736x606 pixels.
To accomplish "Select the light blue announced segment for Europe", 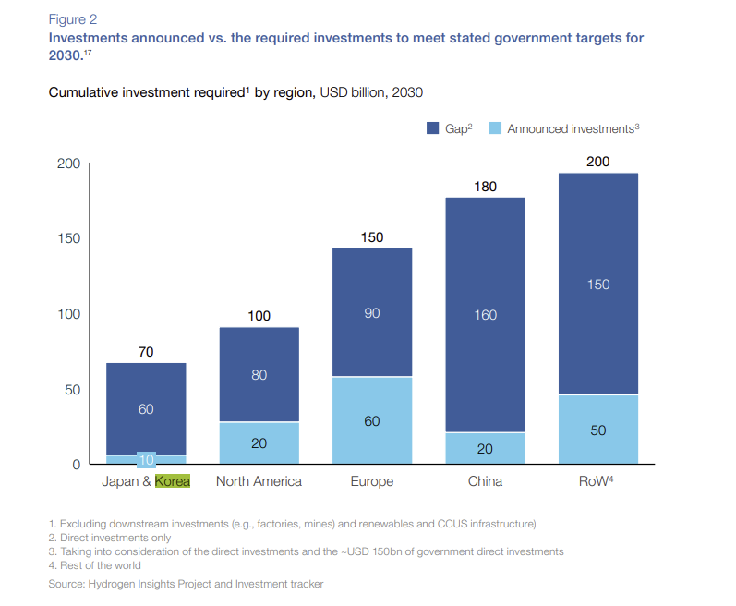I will [372, 419].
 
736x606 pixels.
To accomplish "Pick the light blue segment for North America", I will [259, 442].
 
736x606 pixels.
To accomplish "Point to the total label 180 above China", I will [486, 187].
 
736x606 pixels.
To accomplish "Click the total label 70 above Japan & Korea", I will [146, 352].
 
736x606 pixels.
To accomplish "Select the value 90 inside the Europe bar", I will [372, 313].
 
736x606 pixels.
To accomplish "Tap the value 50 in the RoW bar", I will [598, 430].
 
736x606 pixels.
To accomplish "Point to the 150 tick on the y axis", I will [69, 238].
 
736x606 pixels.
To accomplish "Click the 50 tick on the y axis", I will [73, 389].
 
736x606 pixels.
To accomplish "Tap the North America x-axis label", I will [259, 481].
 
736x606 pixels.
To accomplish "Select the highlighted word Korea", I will [173, 481].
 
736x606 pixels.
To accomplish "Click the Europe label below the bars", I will [372, 481].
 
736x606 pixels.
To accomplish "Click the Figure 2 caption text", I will [74, 18].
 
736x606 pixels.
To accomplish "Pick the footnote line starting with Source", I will [186, 584].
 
